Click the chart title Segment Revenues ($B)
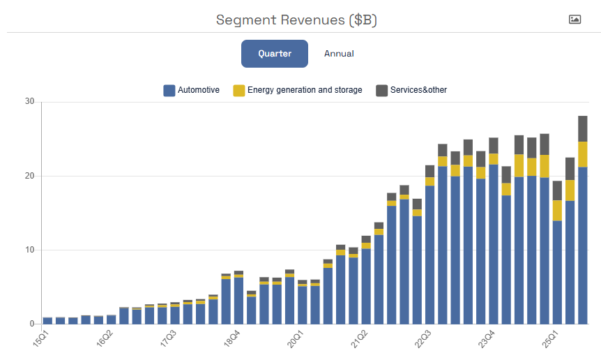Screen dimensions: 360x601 296,20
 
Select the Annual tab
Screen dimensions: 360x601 339,54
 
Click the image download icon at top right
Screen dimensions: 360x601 575,20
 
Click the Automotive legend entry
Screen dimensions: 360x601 192,90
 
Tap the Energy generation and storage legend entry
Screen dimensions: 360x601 298,90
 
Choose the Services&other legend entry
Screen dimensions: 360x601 411,90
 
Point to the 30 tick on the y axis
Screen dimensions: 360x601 29,102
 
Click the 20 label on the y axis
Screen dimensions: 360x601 29,176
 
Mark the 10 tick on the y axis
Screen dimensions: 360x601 29,250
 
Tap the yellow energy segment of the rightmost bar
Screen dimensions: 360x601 583,154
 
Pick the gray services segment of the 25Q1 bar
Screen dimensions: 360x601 557,190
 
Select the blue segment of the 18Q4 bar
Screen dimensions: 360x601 239,301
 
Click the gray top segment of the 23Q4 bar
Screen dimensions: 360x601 494,145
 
